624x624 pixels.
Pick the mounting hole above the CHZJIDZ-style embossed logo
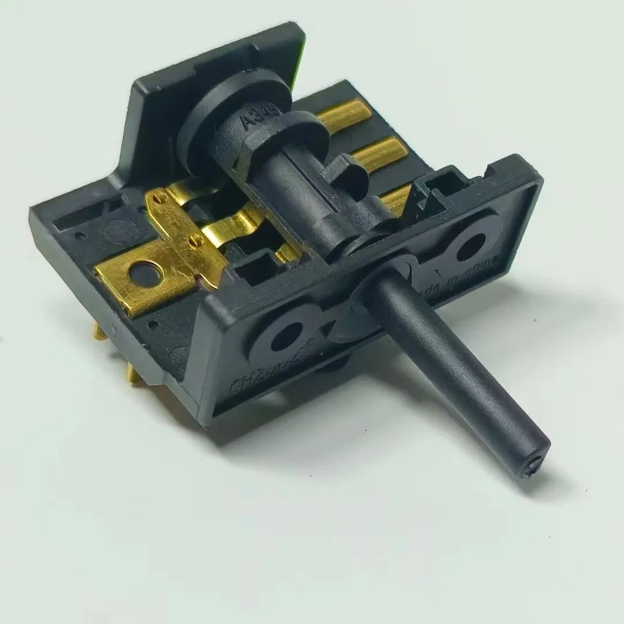point(287,336)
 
